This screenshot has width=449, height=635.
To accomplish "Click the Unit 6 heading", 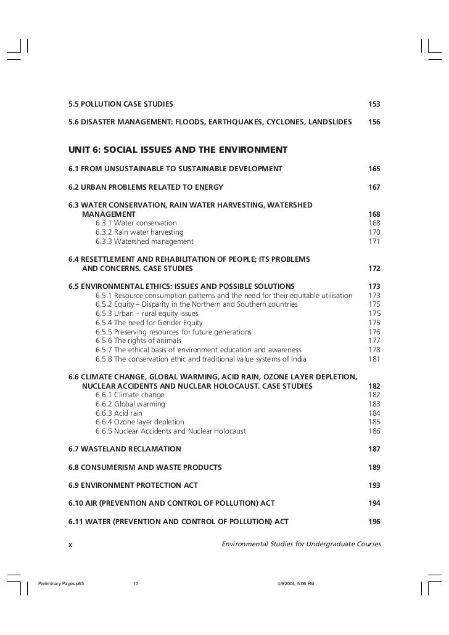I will (178, 150).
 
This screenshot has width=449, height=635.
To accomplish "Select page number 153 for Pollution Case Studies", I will (374, 103).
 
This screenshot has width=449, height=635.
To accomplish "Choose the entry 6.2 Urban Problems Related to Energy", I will (146, 187).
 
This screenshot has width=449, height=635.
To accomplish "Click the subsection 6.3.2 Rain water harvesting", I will (139, 232).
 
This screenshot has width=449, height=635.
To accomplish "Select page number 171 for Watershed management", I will (374, 241).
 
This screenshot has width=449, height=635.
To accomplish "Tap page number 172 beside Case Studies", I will (374, 269).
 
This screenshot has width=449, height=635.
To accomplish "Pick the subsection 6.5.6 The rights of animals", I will (138, 341).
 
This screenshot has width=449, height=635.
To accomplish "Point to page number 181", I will (374, 359).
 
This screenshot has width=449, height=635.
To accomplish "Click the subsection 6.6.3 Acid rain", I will (119, 413).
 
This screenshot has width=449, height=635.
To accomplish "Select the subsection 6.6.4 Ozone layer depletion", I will (139, 422).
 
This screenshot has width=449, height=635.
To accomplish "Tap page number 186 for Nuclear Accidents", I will (374, 431).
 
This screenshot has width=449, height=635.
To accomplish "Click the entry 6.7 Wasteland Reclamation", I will (125, 449).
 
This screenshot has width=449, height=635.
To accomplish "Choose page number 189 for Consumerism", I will (374, 467).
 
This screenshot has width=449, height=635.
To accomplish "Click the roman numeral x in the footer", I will (70, 544).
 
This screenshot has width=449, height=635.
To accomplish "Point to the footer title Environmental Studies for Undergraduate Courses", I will (301, 544).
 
